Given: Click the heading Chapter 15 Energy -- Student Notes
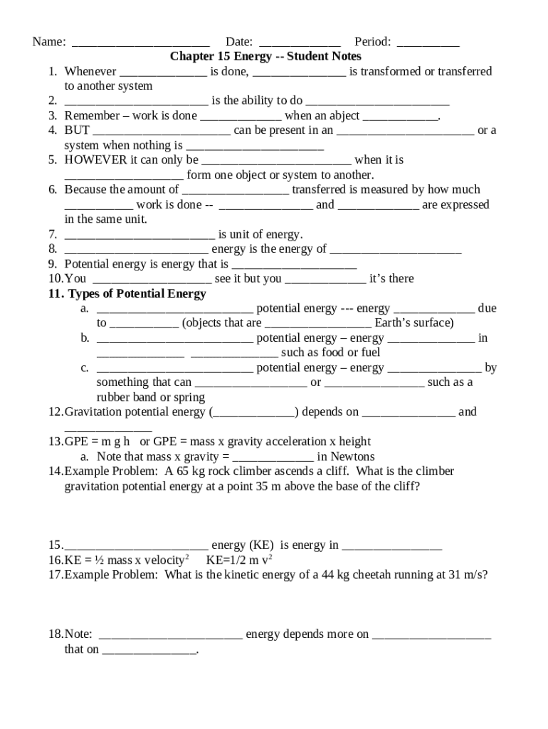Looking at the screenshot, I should [x=265, y=56].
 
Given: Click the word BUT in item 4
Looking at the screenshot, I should [x=77, y=130].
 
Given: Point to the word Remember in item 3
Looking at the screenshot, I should [x=91, y=115].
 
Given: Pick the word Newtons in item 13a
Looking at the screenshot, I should [x=352, y=456].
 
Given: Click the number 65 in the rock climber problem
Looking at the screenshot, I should [x=182, y=471].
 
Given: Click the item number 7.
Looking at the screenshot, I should [x=53, y=234].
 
